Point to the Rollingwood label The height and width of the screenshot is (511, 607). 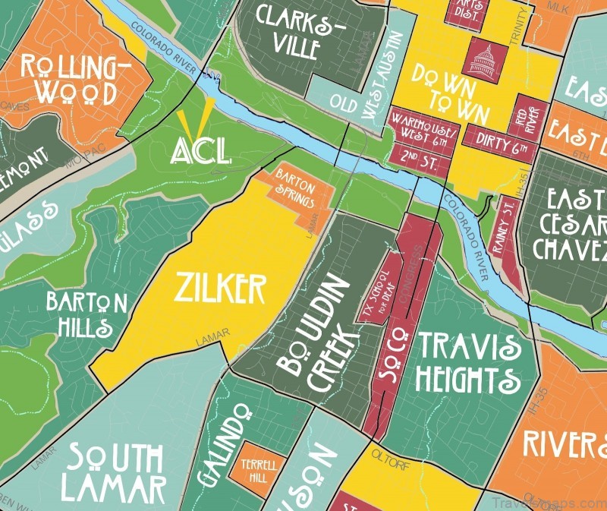[x=74, y=80]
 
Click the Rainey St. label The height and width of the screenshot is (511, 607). [x=508, y=235]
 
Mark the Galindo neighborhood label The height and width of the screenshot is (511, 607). [x=222, y=444]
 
